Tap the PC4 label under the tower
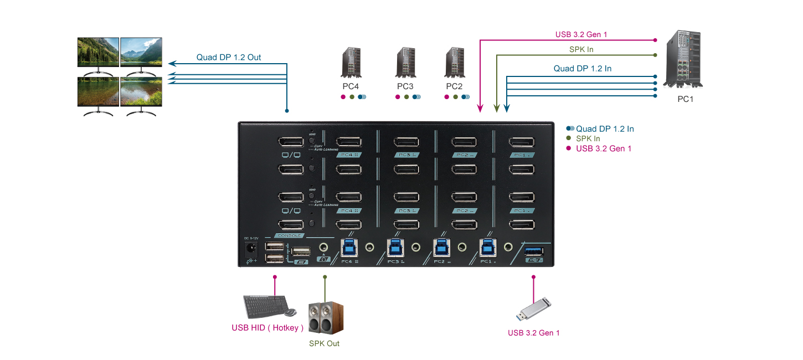tap(351, 86)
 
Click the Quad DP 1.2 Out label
tap(229, 57)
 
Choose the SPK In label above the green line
tap(581, 50)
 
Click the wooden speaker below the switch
tap(325, 317)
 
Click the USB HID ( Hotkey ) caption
tap(267, 327)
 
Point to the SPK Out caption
tap(324, 343)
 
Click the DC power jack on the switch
tap(252, 249)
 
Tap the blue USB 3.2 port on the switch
tap(534, 251)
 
